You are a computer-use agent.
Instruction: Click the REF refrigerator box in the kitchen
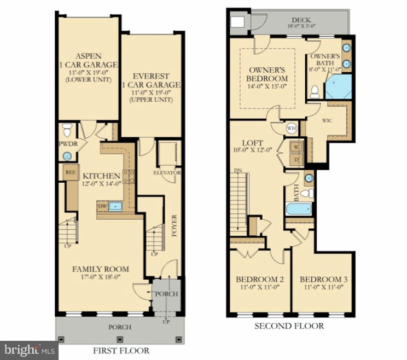[x=70, y=171]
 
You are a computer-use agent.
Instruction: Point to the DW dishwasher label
[x=101, y=206]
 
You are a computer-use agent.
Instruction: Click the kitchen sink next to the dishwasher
[x=116, y=206]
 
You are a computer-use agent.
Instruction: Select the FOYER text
[x=175, y=225]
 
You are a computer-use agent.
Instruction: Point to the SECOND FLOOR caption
[x=288, y=326]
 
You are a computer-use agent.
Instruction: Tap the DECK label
[x=301, y=20]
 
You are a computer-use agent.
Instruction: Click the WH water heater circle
[x=291, y=127]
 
